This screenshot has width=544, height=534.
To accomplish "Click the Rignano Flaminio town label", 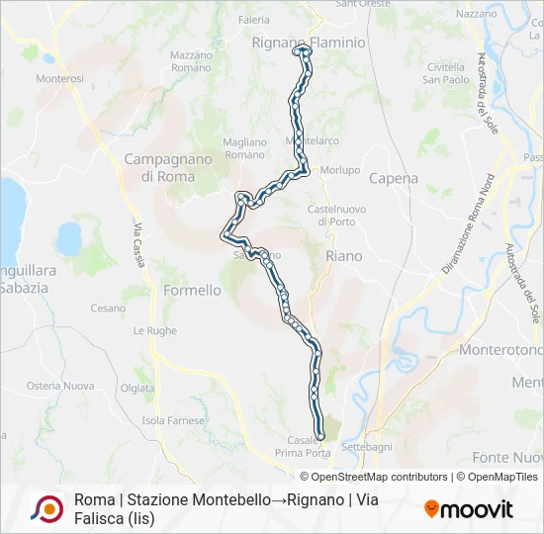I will pos(309,44).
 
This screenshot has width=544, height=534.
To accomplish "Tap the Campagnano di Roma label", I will pos(159,167).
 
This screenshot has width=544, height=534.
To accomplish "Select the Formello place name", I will pos(192,291).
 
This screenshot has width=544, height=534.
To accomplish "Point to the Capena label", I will pos(394,179).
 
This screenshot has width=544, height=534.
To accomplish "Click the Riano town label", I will pos(343,256).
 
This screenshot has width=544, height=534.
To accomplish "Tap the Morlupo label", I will pos(341,170).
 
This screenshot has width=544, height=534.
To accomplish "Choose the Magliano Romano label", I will pos(244,148).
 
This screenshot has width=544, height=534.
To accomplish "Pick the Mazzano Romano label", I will pos(191,61).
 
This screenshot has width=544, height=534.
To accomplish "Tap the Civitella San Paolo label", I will pos(446,72).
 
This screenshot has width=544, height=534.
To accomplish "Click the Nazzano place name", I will pos(477,14).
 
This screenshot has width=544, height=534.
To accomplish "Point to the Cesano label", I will pos(108,309).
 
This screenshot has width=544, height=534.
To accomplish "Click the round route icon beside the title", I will pos(46,508).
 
